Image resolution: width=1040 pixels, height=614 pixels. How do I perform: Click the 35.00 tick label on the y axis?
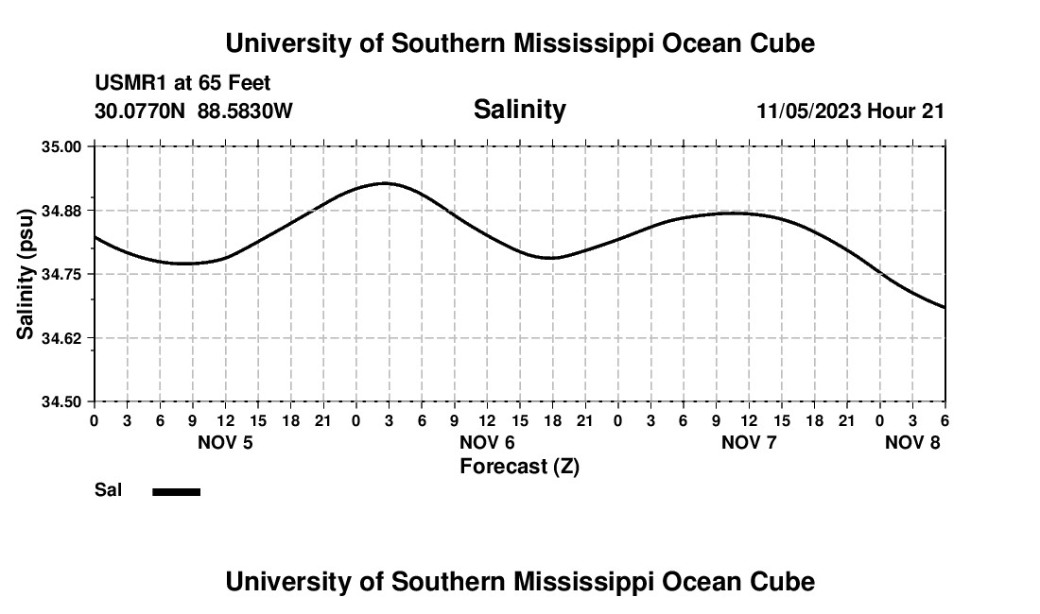coord(61,146)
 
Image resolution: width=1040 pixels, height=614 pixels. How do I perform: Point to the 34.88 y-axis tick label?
coord(61,211)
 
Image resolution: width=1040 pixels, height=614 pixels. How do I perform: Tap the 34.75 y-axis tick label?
coord(61,274)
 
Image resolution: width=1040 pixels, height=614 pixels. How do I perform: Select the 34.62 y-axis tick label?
coord(61,338)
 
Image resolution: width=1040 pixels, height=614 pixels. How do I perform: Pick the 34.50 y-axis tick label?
coord(61,401)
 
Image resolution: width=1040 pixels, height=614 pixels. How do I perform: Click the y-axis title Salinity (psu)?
coord(26,274)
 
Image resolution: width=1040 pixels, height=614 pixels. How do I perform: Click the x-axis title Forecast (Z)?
coord(519,466)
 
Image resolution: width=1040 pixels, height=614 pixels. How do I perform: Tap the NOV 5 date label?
coord(225,442)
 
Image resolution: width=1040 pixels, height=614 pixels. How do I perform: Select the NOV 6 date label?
coord(487,442)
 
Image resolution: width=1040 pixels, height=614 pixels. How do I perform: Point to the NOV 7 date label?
coord(749,442)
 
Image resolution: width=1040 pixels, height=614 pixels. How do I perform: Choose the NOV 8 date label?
coord(912,442)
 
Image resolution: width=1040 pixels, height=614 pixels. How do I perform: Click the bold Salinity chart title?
coord(519,110)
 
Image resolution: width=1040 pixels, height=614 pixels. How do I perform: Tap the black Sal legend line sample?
coord(176,491)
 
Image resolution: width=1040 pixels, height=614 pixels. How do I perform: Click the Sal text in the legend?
coord(108,490)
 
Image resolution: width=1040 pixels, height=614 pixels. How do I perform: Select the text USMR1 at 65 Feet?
coord(182,84)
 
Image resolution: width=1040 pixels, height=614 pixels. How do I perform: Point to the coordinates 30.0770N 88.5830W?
coord(194,111)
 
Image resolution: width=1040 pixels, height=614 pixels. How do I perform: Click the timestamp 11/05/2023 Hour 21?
coord(850,111)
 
